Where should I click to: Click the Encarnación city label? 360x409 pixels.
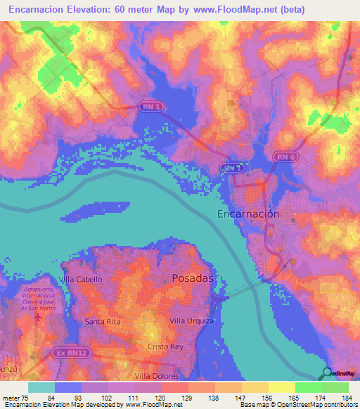[247, 214]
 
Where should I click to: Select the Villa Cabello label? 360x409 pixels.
[82, 279]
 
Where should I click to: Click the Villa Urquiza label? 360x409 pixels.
[193, 320]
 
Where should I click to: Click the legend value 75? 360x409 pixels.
[25, 398]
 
